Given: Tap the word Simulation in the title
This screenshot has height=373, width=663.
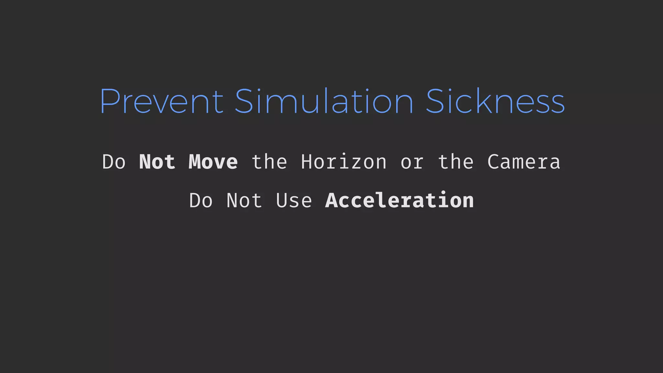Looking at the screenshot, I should tap(324, 101).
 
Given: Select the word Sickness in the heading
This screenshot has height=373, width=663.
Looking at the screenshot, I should tap(495, 101).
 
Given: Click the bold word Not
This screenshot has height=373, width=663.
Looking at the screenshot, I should tap(157, 162).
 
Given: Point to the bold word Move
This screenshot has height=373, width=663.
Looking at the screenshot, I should tap(213, 162).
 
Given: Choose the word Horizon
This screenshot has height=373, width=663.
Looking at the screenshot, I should tap(344, 162).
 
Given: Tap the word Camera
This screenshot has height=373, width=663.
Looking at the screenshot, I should tap(523, 162).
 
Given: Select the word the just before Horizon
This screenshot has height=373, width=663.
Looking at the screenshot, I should tap(269, 162).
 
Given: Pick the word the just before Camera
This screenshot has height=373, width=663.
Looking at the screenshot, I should tap(455, 162).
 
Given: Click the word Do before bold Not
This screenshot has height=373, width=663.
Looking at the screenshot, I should tap(114, 162).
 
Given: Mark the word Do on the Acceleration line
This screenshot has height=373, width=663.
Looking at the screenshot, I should tap(201, 200).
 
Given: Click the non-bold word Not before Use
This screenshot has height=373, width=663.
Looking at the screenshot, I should tap(244, 200).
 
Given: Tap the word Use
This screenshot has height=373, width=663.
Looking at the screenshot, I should tap(294, 200).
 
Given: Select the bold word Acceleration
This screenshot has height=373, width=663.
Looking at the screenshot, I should tap(399, 200).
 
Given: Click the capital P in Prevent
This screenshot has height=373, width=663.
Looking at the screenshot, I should tap(109, 101).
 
